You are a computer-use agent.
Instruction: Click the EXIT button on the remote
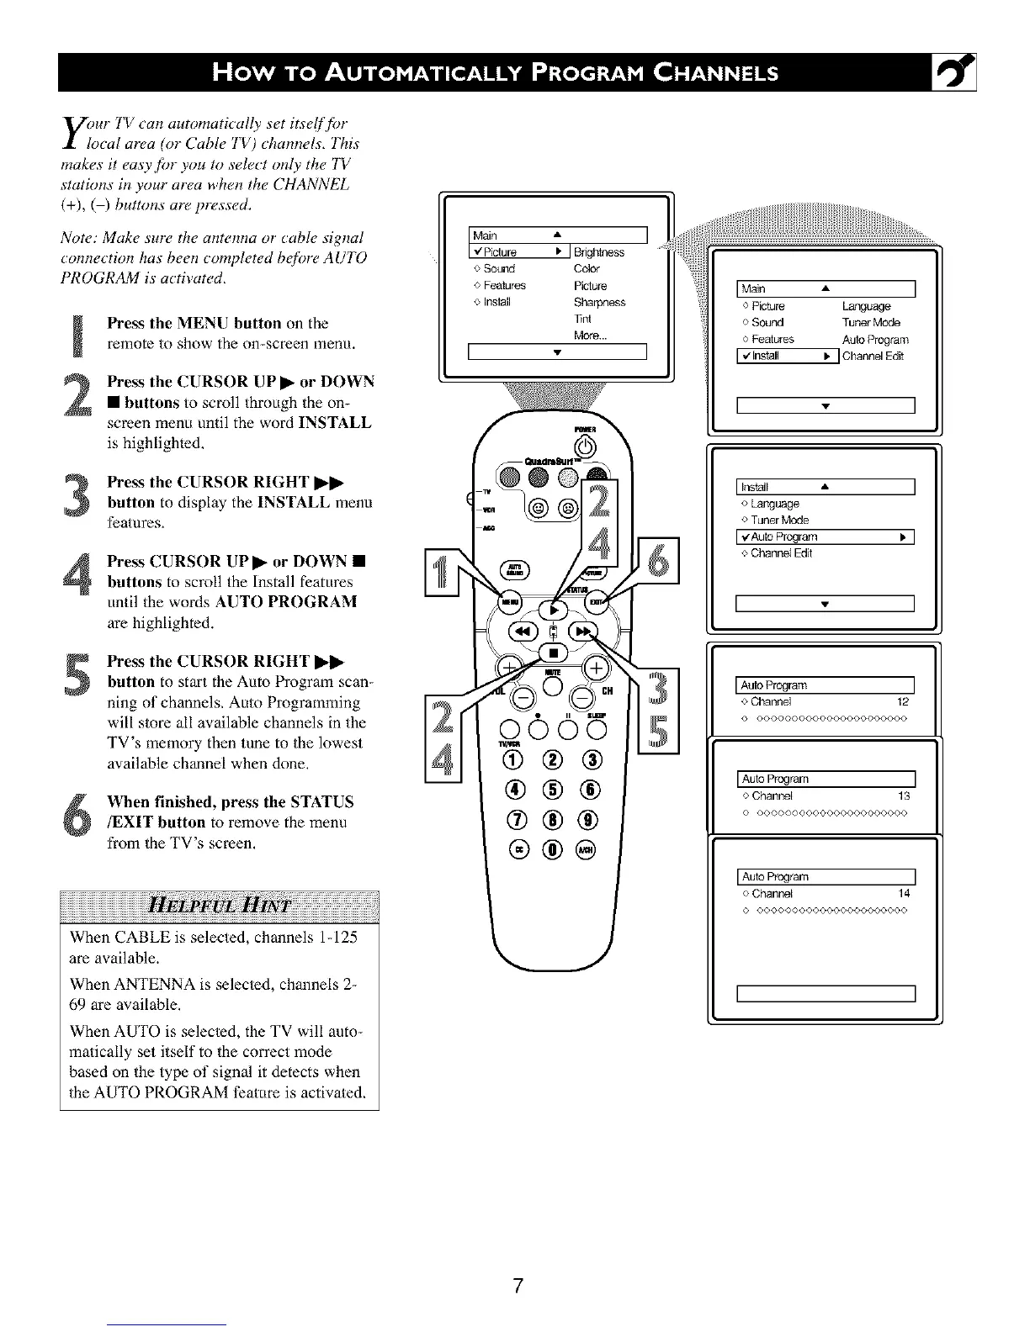(595, 602)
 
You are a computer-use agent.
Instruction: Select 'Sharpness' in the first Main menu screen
(599, 303)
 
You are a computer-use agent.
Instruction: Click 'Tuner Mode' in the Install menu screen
(779, 521)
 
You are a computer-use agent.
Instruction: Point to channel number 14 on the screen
(904, 894)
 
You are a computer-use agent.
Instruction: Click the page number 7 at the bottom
(518, 1285)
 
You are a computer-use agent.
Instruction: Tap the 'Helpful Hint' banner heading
(220, 906)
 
